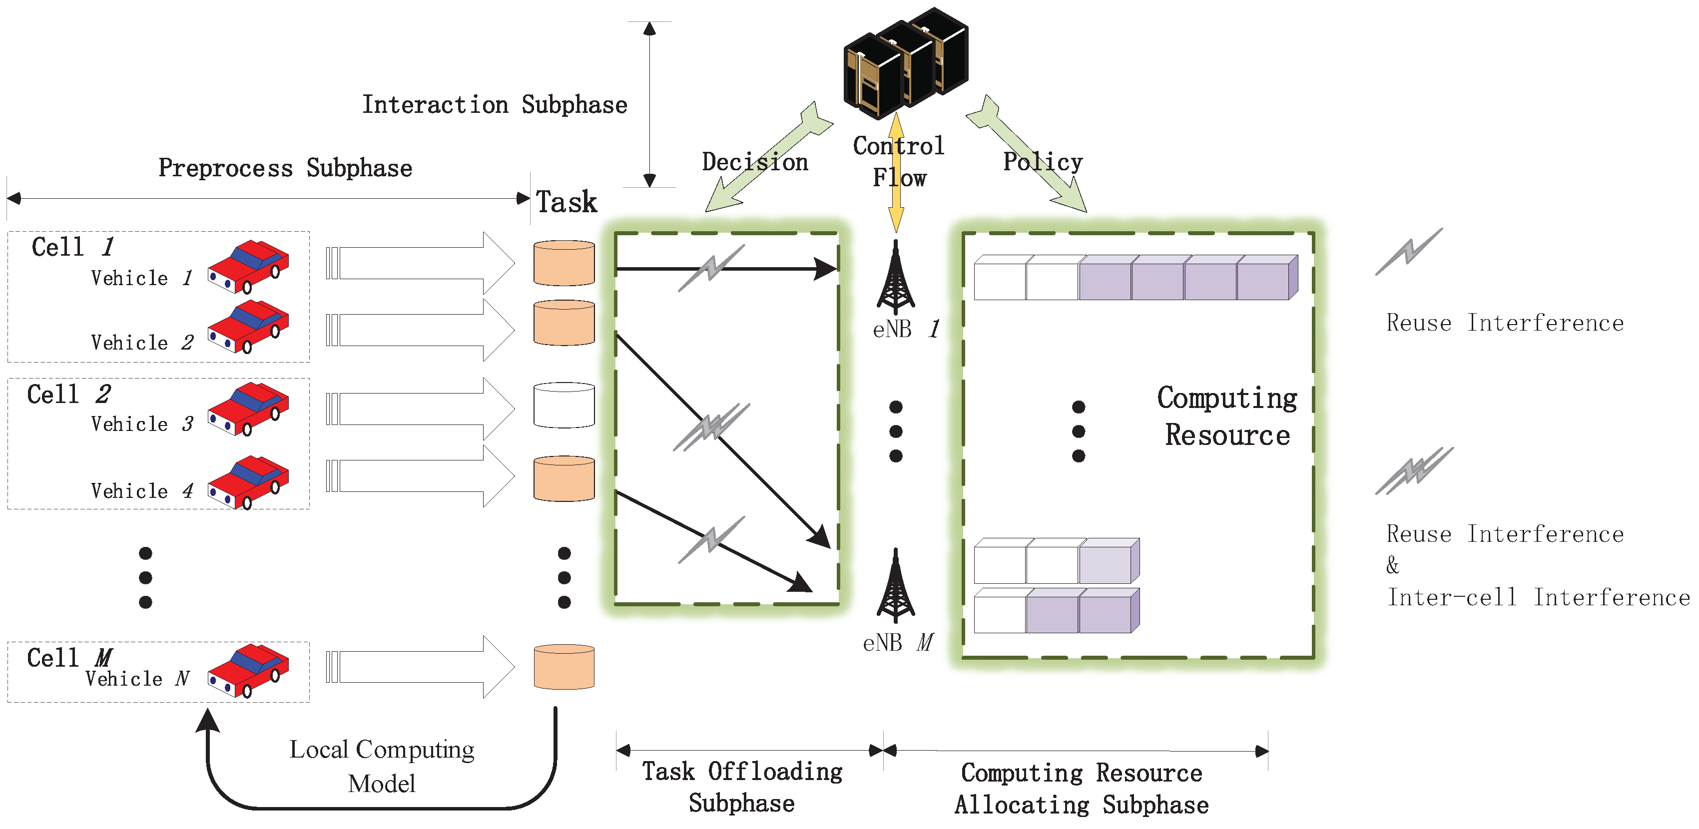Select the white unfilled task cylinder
click(564, 405)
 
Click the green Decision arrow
click(768, 158)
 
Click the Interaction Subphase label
click(494, 105)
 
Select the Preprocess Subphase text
click(285, 168)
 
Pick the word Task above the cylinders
click(566, 202)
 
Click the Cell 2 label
click(68, 395)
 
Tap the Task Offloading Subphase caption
click(742, 787)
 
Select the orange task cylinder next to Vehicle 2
click(564, 323)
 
